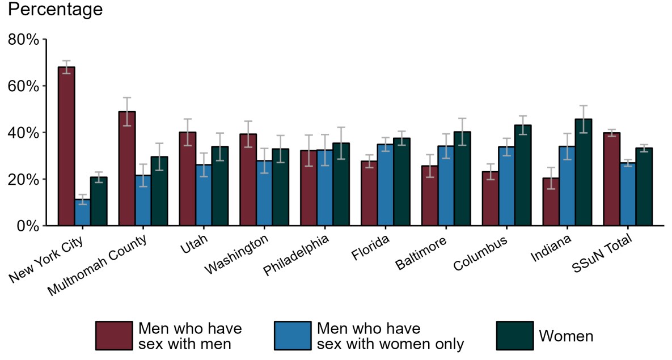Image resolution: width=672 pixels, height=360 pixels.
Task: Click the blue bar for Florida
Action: point(385,185)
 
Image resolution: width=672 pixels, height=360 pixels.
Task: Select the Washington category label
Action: point(236,255)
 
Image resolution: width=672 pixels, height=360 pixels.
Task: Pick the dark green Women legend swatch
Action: point(514,336)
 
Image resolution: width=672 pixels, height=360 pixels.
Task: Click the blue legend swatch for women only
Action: point(292,336)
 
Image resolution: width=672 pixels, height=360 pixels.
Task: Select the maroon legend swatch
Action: point(114,336)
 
